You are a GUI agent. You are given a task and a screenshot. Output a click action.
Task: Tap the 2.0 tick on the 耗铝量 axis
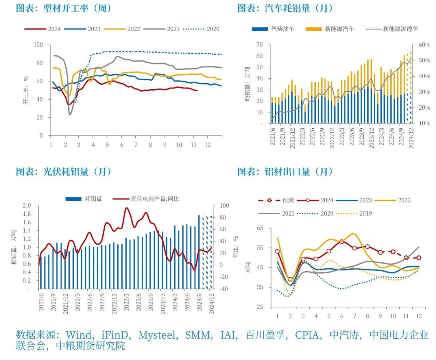(x=27, y=205)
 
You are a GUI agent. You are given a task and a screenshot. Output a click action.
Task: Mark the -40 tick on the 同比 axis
(x=223, y=289)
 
